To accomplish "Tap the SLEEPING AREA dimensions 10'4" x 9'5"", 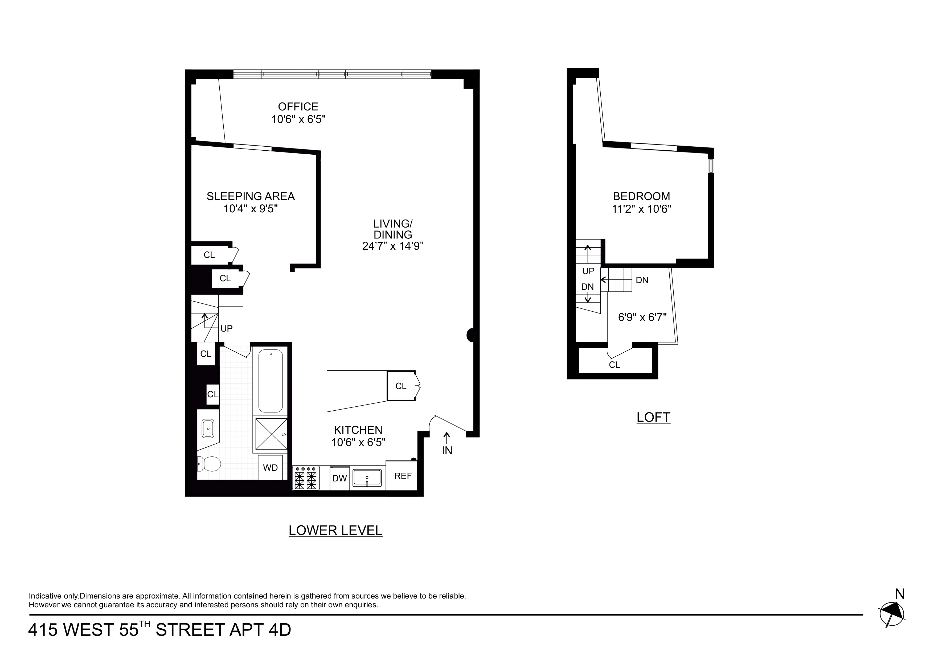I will click(x=251, y=209).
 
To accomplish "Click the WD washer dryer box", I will click(x=270, y=468).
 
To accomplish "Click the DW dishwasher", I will click(x=339, y=478).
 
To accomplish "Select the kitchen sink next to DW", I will click(x=367, y=477).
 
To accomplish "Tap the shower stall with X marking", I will click(x=271, y=434).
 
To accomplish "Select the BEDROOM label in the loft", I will click(x=641, y=196).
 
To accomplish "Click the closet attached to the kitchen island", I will click(x=401, y=386).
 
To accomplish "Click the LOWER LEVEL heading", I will click(x=335, y=530).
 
